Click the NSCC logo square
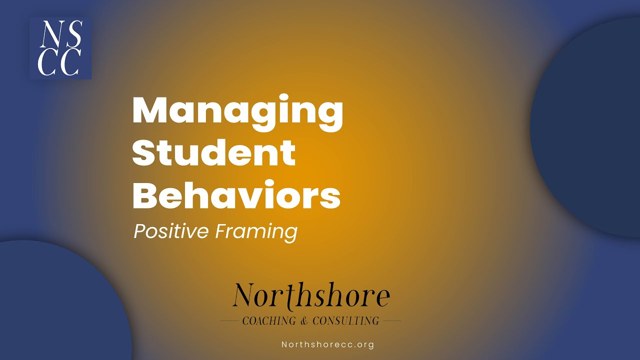tap(60, 48)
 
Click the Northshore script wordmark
tap(311, 295)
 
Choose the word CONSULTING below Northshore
tap(345, 320)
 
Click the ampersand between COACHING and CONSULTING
tap(305, 320)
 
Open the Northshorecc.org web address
tap(327, 344)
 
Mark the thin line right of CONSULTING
tap(391, 320)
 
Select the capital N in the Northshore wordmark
tap(244, 295)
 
